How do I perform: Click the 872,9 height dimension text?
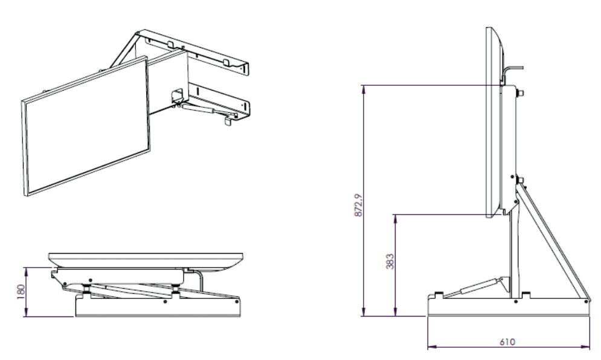coord(359,205)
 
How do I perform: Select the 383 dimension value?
coord(390,262)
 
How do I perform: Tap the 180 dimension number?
coord(21,291)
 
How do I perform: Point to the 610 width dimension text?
coord(507,342)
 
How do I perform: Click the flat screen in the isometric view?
coord(86,126)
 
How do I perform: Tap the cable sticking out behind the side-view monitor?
coord(512,71)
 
